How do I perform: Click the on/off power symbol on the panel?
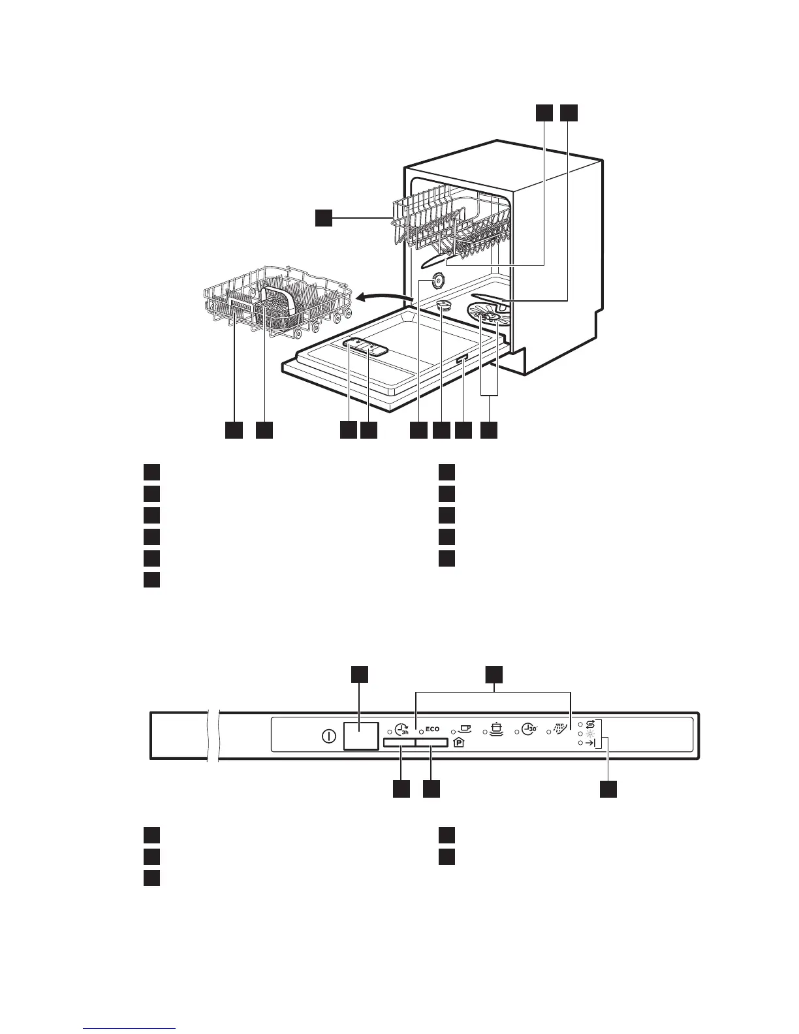pyautogui.click(x=329, y=737)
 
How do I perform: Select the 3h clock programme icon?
pyautogui.click(x=402, y=730)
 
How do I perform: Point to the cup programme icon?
pyautogui.click(x=466, y=729)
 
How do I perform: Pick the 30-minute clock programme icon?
pyautogui.click(x=530, y=729)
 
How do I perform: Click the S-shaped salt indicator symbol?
pyautogui.click(x=591, y=723)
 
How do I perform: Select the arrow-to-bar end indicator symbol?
pyautogui.click(x=591, y=743)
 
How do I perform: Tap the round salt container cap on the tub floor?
pyautogui.click(x=444, y=304)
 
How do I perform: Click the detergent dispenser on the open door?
pyautogui.click(x=366, y=347)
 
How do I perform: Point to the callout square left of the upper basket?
pyautogui.click(x=323, y=218)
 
